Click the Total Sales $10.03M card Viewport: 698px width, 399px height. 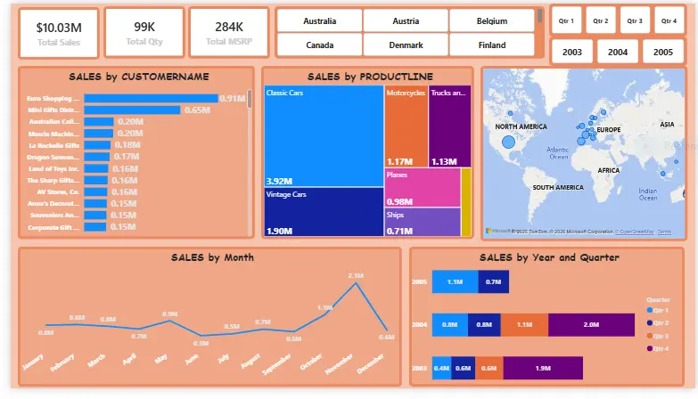click(x=58, y=33)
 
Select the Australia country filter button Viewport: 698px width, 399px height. click(x=319, y=20)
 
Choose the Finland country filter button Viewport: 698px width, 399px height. click(x=491, y=45)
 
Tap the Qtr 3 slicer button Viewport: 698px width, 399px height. click(x=634, y=20)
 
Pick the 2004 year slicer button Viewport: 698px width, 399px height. click(x=618, y=52)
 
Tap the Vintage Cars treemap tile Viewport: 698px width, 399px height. click(x=324, y=212)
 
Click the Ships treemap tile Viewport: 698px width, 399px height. click(x=422, y=223)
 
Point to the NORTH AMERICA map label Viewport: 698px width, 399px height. click(x=521, y=126)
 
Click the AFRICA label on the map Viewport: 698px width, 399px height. click(x=608, y=169)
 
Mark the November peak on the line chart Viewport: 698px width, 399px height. click(x=357, y=283)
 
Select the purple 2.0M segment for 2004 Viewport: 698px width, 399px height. click(x=590, y=325)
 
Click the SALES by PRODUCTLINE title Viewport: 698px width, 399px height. click(x=366, y=77)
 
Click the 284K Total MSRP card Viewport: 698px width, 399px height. click(x=228, y=33)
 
